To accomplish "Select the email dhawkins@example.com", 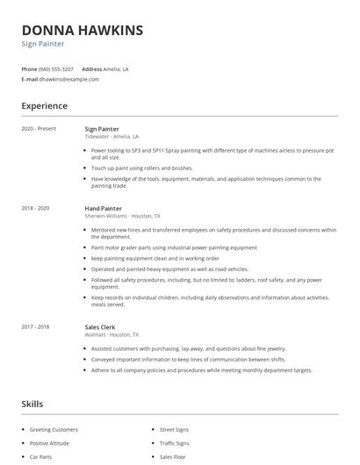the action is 69,79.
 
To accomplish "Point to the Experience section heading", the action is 45,106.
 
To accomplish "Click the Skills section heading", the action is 32,404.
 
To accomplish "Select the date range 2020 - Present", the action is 40,128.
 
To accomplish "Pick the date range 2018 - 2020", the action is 36,208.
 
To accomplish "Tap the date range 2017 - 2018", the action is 36,326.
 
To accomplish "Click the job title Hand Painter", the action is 104,208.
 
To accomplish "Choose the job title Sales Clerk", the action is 101,326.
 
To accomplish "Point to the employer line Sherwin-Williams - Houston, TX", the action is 122,216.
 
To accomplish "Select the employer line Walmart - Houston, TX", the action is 112,334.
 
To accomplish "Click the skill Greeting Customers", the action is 54,430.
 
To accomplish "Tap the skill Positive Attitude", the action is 51,443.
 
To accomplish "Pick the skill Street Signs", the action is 174,430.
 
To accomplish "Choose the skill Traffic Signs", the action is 174,443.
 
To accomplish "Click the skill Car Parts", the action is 42,457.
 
